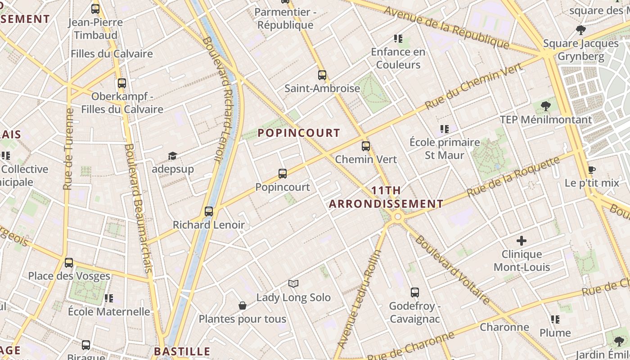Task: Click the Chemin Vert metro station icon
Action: (366, 146)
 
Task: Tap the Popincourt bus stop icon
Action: (283, 173)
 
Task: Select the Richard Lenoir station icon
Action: (209, 211)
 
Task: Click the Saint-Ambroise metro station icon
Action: (322, 75)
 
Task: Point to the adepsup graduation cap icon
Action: (172, 156)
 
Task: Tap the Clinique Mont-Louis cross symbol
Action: (522, 241)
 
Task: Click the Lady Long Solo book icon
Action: (293, 283)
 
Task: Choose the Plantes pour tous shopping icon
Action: (243, 306)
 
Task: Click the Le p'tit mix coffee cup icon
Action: (592, 170)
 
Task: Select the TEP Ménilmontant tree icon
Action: (546, 106)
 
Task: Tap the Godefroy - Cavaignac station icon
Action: (415, 292)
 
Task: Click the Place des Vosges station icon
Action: (69, 262)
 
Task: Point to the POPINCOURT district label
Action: (299, 133)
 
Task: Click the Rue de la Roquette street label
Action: (513, 176)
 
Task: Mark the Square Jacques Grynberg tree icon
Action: (581, 30)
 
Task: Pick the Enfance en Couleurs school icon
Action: (398, 38)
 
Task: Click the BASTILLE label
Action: (182, 351)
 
